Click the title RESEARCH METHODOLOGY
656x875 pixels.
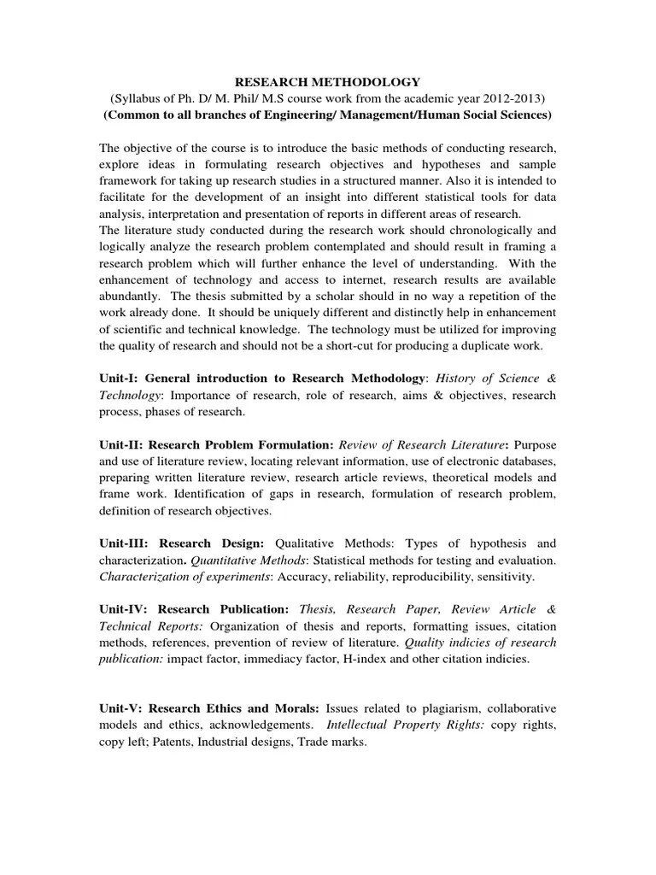pos(328,82)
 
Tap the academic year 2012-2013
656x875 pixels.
pos(511,98)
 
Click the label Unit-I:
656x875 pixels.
pos(120,379)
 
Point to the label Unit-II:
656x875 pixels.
pos(123,445)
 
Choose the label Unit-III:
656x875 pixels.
pos(126,543)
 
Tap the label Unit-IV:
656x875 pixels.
pos(125,609)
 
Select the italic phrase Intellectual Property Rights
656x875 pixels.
pos(404,725)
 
